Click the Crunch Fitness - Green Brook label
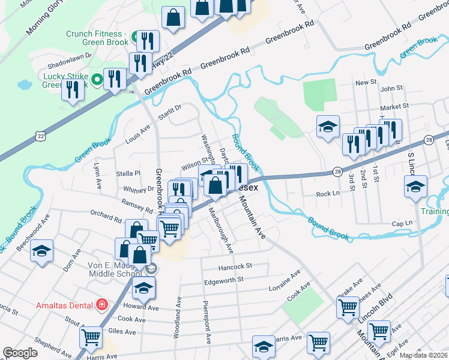point(97,38)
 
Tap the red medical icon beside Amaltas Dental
point(102,305)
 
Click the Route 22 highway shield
point(40,136)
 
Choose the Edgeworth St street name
point(223,280)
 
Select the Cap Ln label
point(402,223)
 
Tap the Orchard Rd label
point(106,216)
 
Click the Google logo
point(20,353)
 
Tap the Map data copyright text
point(423,355)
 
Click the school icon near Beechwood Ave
point(41,251)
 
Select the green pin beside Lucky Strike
point(97,79)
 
